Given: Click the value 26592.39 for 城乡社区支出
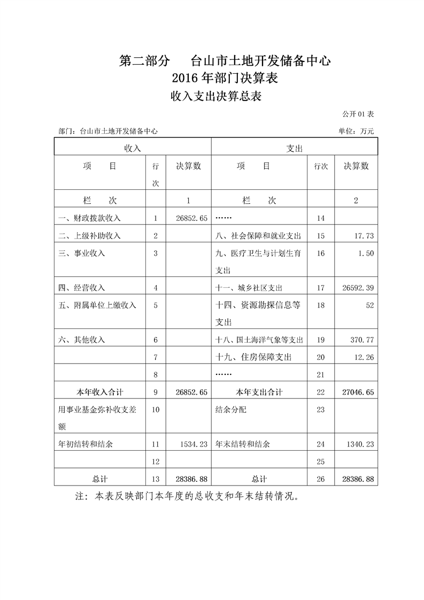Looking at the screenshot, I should click(x=357, y=288).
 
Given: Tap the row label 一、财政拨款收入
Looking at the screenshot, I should click(x=90, y=218).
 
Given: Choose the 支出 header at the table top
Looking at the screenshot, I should click(x=295, y=148).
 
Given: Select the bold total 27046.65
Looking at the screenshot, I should click(x=357, y=392).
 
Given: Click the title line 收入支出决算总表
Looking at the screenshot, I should click(x=215, y=96).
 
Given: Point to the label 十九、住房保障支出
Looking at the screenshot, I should click(x=254, y=357).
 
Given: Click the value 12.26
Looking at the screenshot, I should click(x=364, y=357).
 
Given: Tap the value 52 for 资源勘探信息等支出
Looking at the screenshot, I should click(x=369, y=305).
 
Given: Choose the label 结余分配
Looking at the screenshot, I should click(x=231, y=410).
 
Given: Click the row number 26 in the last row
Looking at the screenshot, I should click(x=320, y=479).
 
